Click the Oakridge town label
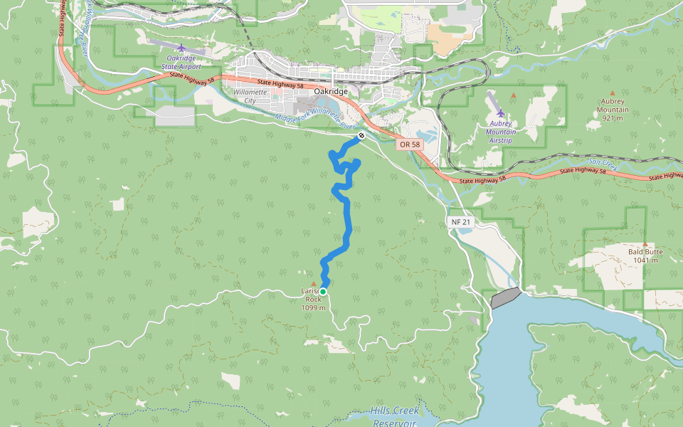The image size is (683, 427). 331,92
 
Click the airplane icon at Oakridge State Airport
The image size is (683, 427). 181,48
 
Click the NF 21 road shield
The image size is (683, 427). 461,222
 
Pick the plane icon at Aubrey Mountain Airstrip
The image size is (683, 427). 501,113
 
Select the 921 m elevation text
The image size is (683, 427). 613,118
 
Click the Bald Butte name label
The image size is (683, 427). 645,252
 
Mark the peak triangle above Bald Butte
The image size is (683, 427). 645,243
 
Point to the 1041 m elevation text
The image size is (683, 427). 645,260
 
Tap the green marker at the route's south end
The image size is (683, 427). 323,292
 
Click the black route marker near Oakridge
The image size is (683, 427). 361,135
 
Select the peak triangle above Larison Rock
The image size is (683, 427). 313,283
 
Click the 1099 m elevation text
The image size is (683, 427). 313,308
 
